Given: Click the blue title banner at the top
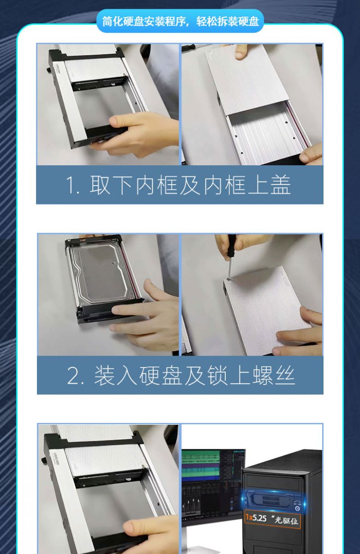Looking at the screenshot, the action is [180, 21].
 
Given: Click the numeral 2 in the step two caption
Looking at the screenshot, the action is [73, 375].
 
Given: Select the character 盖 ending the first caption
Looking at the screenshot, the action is [280, 185].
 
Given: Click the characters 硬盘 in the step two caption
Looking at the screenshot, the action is [161, 375].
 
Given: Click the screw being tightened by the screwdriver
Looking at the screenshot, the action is [228, 279].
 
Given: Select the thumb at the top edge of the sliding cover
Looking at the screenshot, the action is [241, 51].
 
